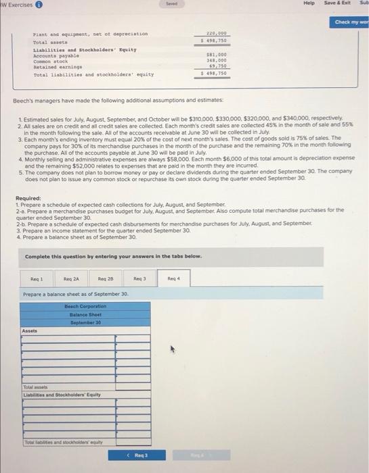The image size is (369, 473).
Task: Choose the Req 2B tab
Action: click(106, 279)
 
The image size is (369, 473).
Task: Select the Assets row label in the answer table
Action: click(30, 331)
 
